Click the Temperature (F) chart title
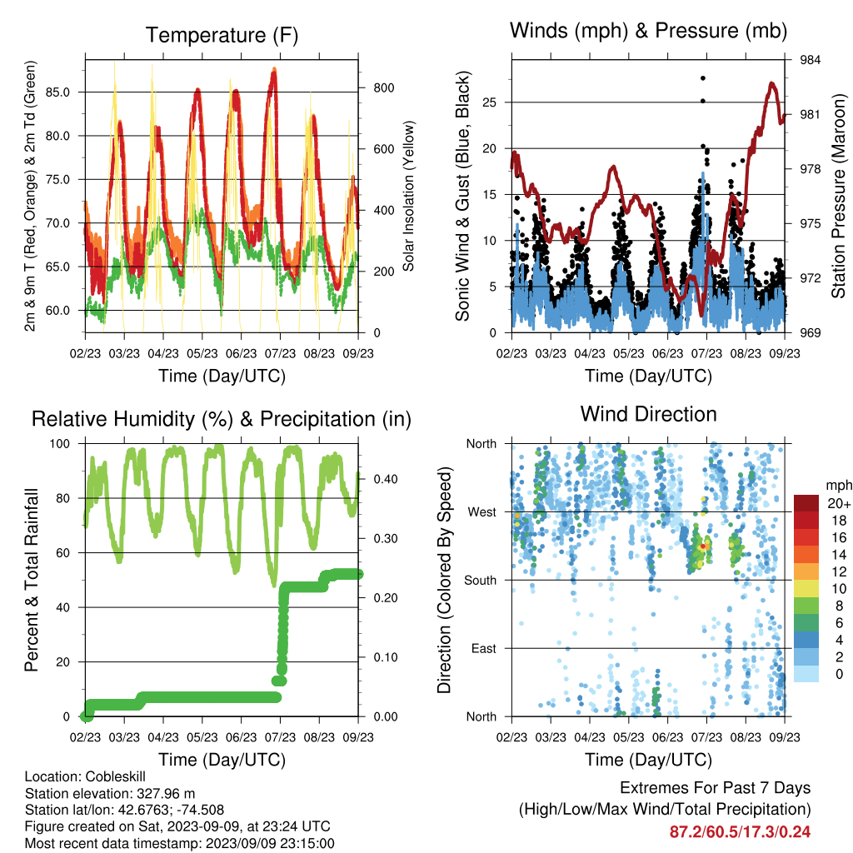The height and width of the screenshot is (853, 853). click(222, 35)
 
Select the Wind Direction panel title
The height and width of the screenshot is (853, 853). click(648, 414)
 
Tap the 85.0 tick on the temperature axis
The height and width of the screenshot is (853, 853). click(57, 92)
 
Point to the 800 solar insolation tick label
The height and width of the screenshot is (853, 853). click(383, 88)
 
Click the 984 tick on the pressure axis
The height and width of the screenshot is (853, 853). click(810, 60)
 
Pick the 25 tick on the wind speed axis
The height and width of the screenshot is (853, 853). click(489, 102)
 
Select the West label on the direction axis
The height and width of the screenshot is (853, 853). click(481, 512)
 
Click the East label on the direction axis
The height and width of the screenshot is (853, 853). click(484, 648)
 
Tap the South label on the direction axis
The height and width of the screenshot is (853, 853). click(480, 581)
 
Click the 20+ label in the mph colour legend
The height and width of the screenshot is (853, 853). click(839, 504)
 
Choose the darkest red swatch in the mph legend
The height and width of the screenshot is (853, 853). click(806, 503)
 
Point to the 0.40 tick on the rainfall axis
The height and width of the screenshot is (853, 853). click(386, 479)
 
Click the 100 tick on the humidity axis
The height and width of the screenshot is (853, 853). click(60, 444)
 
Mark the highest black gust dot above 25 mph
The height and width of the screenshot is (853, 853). click(703, 78)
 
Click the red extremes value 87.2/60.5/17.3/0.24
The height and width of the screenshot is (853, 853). click(740, 832)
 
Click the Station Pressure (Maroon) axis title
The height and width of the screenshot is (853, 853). click(838, 196)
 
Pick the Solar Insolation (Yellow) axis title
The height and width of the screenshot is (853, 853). click(408, 196)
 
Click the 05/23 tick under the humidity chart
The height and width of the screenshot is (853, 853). click(202, 737)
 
